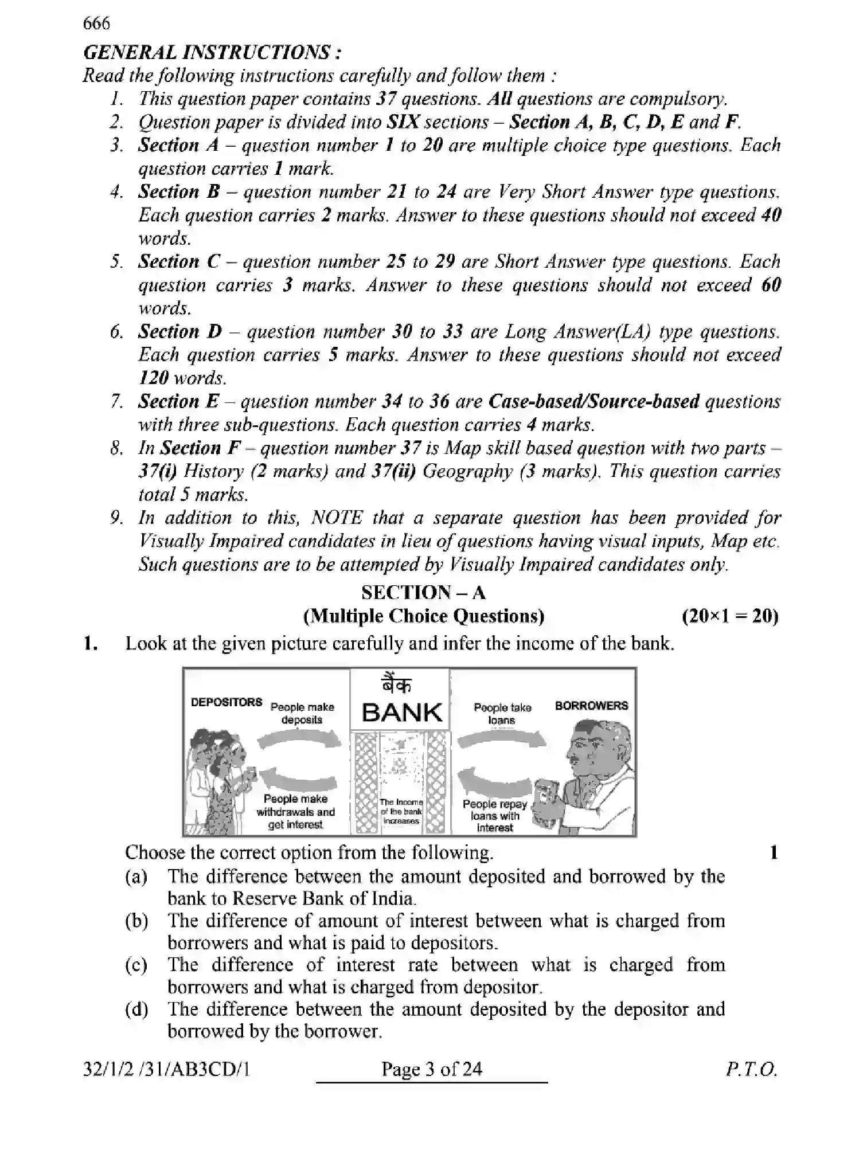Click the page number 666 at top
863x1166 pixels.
point(96,24)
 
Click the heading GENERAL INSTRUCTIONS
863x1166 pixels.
point(213,53)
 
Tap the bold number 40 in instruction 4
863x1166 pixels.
point(770,216)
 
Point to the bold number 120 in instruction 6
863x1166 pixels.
point(153,378)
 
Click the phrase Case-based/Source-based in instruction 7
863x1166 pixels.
point(593,402)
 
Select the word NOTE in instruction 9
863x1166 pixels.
point(336,518)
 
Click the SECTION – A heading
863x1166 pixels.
point(423,593)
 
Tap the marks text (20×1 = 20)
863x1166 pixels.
point(729,617)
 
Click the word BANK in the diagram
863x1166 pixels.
point(402,713)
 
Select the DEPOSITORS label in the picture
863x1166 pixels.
point(226,703)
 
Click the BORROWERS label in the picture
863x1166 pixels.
point(591,706)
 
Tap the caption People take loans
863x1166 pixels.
point(502,714)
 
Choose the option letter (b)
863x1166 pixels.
point(136,921)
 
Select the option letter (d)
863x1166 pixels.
point(136,1010)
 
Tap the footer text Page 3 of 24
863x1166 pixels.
point(431,1069)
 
